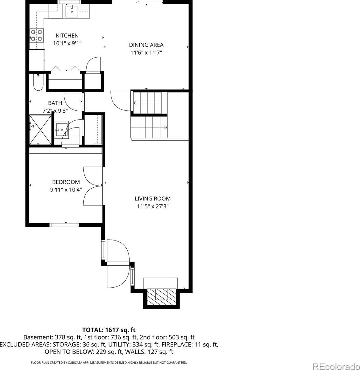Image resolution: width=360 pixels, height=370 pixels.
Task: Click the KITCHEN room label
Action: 67,36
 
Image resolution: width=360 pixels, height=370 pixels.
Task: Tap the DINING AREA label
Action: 146,45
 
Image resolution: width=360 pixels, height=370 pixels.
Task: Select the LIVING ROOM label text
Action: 153,199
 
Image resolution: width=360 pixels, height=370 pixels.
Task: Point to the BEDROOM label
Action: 66,182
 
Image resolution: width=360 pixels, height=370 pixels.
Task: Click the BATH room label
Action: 55,103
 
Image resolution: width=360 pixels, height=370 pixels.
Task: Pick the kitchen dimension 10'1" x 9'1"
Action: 67,43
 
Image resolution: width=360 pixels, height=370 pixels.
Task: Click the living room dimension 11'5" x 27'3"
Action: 153,206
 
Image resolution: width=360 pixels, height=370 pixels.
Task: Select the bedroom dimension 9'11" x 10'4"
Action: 66,190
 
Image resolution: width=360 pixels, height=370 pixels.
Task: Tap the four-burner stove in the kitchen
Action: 37,35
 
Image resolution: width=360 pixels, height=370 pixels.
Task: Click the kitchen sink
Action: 72,11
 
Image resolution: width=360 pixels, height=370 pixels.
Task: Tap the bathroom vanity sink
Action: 61,129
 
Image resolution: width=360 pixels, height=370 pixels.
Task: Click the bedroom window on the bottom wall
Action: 64,225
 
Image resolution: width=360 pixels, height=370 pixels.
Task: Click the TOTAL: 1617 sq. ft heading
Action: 109,330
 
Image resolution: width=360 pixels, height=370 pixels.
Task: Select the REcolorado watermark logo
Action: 336,367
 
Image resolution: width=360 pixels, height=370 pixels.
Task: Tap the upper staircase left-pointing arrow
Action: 135,103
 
